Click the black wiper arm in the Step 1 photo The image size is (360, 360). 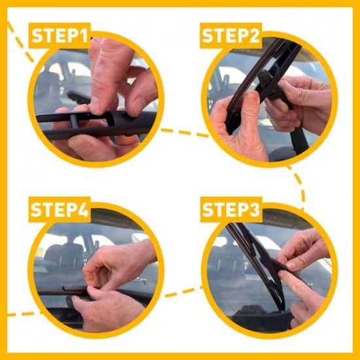coord(131,121)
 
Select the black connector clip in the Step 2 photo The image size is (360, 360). coord(268,82)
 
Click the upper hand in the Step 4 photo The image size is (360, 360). coord(118,265)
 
